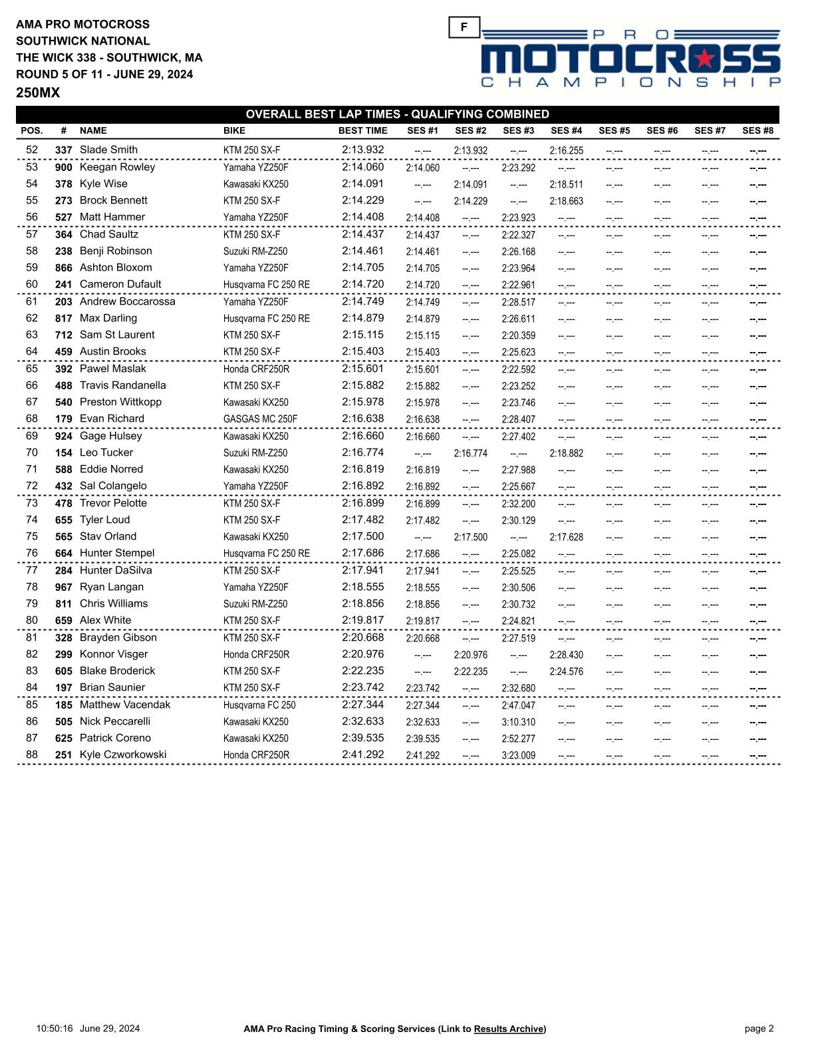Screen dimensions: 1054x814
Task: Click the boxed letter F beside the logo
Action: click(x=464, y=27)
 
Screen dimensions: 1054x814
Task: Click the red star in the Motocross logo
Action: click(x=704, y=59)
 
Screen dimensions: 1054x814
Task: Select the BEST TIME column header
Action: click(x=362, y=131)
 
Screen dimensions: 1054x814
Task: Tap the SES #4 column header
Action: click(x=566, y=131)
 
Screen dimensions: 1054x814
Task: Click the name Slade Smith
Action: click(x=108, y=150)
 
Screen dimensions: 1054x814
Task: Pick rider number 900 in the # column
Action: click(x=63, y=168)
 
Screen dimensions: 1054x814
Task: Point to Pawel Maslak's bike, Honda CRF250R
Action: click(x=256, y=369)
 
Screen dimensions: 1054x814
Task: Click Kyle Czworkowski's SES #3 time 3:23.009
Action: click(x=518, y=756)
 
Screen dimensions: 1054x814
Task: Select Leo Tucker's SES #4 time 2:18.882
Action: click(x=566, y=454)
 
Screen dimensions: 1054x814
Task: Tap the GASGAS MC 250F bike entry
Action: click(x=260, y=419)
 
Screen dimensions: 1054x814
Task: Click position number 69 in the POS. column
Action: click(x=32, y=436)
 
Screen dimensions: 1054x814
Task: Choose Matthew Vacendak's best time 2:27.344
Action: click(x=362, y=705)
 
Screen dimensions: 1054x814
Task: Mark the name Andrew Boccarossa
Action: click(x=127, y=301)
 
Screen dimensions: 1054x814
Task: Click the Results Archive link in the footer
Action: click(x=509, y=1029)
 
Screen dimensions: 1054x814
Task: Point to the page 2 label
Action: click(x=759, y=1029)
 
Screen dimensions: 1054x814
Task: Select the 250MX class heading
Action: click(x=38, y=93)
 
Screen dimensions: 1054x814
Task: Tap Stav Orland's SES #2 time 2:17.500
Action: click(x=470, y=538)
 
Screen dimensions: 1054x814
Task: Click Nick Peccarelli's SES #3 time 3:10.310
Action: click(x=518, y=722)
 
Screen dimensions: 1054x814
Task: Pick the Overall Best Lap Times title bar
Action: click(x=397, y=114)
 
